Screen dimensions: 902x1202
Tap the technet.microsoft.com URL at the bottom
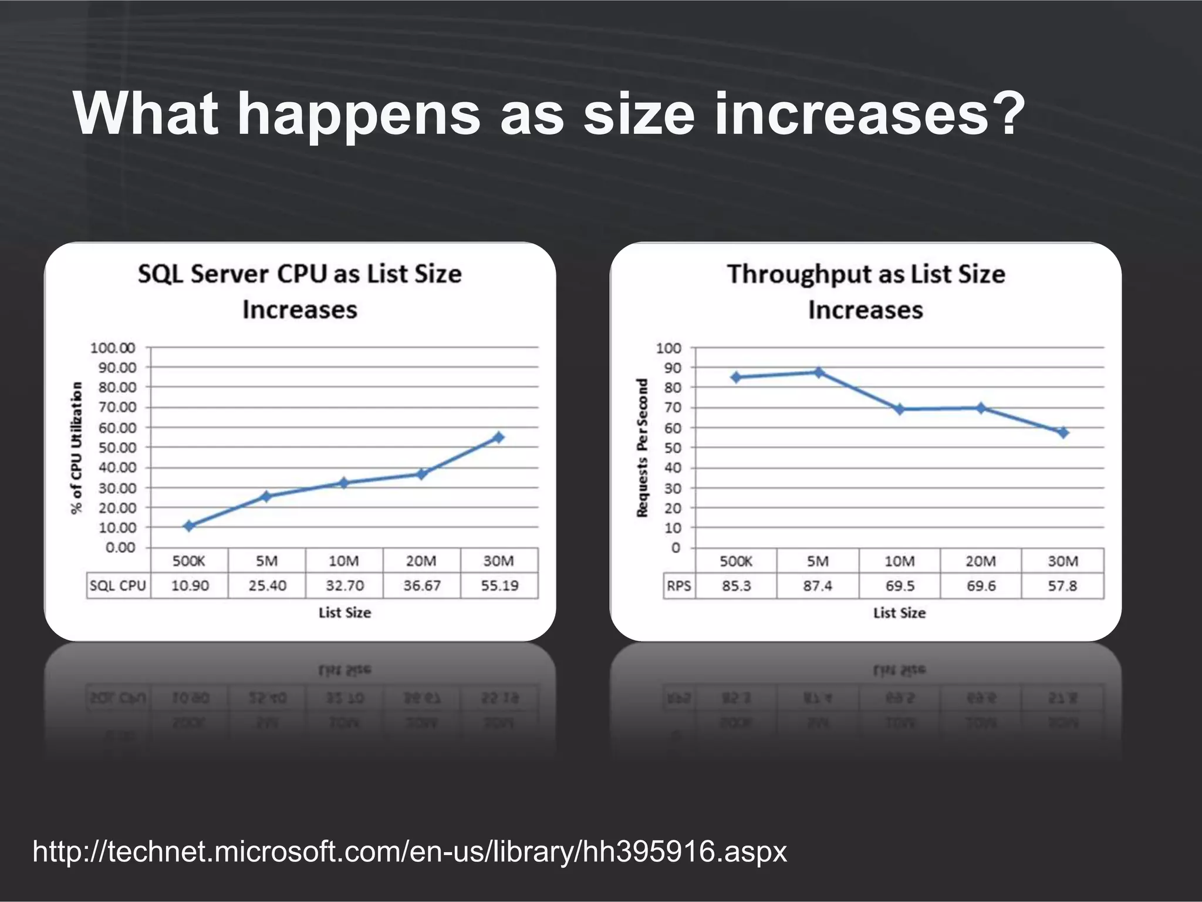(x=409, y=851)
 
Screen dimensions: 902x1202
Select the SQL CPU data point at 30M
(x=498, y=437)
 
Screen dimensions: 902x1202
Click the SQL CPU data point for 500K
(x=188, y=526)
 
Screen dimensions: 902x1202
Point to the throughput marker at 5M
(x=818, y=372)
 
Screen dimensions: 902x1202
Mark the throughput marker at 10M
(x=899, y=409)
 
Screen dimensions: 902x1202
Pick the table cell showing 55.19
(x=499, y=585)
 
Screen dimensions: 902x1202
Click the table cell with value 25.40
(x=267, y=585)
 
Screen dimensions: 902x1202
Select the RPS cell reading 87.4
(x=818, y=586)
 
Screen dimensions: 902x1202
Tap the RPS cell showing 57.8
(x=1062, y=586)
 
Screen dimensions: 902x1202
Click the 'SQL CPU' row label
(x=117, y=585)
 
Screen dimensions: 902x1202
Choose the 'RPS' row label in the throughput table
(x=678, y=586)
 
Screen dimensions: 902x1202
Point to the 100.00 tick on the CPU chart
(x=113, y=348)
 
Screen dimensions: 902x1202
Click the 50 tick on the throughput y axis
(x=673, y=448)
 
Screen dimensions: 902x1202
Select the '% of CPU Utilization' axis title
(x=76, y=447)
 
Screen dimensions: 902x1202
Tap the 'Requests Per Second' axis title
(x=642, y=447)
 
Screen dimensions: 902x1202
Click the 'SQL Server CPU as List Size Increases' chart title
(x=300, y=291)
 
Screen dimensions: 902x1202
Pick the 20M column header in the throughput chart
(x=981, y=561)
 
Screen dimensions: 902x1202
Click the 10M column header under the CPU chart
(x=344, y=561)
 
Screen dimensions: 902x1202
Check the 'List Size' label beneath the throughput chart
(x=899, y=613)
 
